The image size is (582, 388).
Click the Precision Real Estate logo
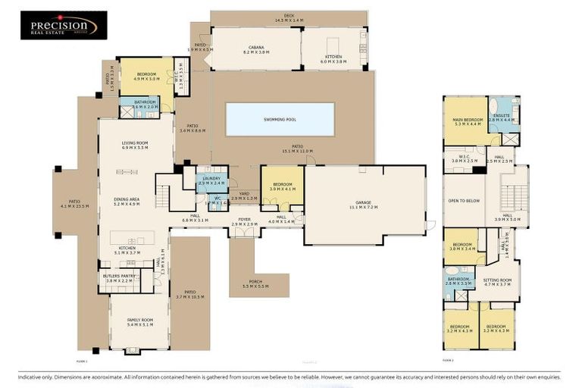tap(63, 25)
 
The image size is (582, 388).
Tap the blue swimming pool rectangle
tap(280, 119)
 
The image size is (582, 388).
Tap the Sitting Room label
tap(498, 281)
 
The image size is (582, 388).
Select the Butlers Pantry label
tap(119, 278)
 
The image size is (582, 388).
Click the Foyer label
tap(244, 223)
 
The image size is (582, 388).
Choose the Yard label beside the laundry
tap(244, 197)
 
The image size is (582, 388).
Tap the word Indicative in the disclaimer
tap(32, 377)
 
